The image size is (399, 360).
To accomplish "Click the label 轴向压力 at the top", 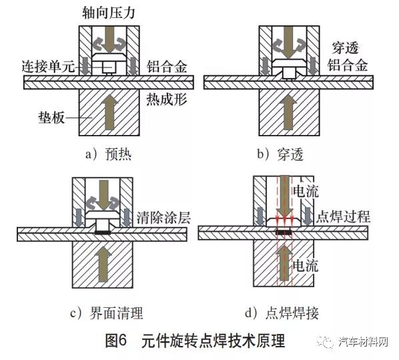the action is pos(108,13).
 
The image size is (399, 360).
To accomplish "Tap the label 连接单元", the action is pos(48,67).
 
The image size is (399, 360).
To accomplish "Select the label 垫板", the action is pos(51,118).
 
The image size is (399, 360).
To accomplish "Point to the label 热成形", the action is pos(167,99).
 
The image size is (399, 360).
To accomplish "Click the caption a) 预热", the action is pos(108,154).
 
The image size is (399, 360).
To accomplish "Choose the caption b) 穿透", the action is pos(280,154).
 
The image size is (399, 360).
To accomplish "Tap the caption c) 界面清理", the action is pos(107,313).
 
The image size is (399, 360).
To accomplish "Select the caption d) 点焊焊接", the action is pos(282,313).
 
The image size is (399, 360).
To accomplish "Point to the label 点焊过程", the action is pos(343,217).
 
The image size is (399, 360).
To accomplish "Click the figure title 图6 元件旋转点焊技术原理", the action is pos(195,341).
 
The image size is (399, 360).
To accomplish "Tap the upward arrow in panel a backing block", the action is pos(109,112).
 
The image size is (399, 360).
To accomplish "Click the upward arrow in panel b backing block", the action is pos(289,112).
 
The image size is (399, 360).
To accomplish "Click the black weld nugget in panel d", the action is pos(284,232).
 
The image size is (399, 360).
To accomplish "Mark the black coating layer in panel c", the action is pos(103,232).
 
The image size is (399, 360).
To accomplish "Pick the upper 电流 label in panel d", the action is pos(306,191).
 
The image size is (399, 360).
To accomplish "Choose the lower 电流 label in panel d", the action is pos(306,266).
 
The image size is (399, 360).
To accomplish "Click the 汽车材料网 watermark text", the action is pos(364,342).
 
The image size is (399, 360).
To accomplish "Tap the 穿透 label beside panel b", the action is pos(346,48).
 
